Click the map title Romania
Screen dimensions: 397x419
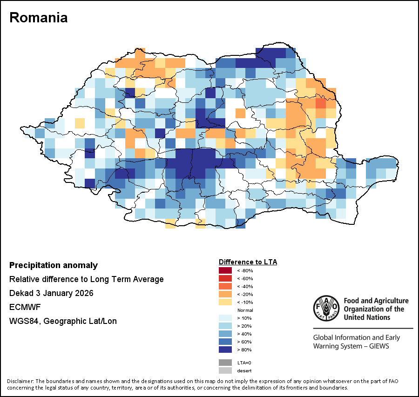39,18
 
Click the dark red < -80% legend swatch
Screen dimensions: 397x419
225,270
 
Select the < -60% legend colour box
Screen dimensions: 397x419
225,278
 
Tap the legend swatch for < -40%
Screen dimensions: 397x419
225,286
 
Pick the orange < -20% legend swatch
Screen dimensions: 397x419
225,294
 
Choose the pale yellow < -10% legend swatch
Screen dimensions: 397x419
225,302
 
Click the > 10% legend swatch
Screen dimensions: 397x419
225,318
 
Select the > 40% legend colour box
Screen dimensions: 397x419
225,334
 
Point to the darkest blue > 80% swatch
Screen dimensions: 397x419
225,350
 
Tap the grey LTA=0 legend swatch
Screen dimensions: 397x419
225,362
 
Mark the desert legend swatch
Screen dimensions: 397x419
225,370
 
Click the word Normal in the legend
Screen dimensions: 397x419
245,310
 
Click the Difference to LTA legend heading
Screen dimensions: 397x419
248,262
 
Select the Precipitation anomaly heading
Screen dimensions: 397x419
54,265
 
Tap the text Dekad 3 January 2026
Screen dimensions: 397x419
51,293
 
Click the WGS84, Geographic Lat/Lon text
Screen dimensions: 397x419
63,321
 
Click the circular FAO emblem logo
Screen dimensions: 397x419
326,309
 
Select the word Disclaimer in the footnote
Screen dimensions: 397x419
20,381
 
